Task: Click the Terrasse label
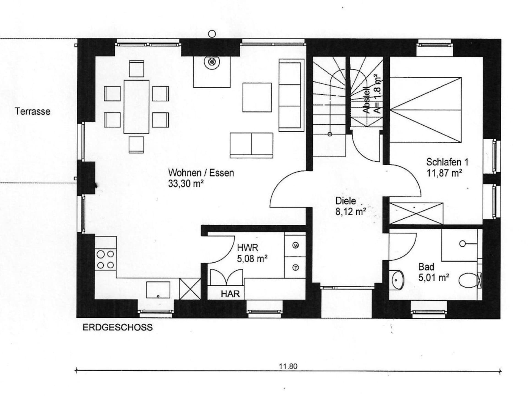(33, 111)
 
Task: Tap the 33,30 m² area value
(186, 183)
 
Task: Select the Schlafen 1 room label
(447, 162)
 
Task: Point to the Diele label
(346, 201)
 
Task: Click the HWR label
(248, 248)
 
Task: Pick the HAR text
(230, 294)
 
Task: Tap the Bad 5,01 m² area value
(434, 277)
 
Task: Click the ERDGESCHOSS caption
(118, 327)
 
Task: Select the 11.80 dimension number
(288, 366)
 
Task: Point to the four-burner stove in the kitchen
(106, 260)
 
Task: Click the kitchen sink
(158, 290)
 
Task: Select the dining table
(136, 107)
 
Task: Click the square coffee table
(257, 97)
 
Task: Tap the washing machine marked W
(295, 245)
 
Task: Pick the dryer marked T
(295, 268)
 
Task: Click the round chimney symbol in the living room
(212, 62)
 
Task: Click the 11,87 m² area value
(444, 173)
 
